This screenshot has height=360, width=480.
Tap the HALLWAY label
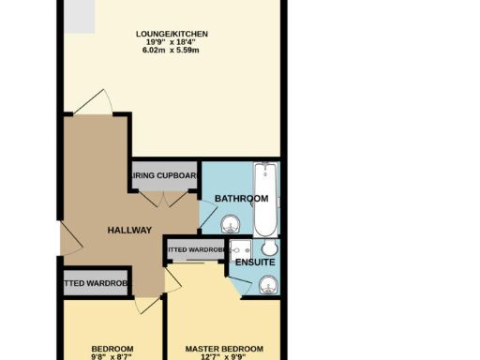pos(128,231)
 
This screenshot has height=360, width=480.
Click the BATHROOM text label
pos(242,199)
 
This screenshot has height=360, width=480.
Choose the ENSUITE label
pos(255,263)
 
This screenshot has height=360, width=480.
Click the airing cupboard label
pos(165,175)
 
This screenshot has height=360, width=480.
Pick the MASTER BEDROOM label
pos(225,348)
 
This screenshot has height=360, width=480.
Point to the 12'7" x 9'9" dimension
pos(225,357)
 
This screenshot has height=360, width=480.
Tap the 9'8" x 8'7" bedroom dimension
pos(112,357)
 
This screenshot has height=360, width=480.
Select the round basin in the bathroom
pos(232,225)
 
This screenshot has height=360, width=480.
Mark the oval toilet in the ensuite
pos(269,248)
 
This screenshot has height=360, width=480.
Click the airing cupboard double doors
pos(165,199)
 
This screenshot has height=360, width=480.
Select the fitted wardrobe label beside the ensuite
pos(195,250)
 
